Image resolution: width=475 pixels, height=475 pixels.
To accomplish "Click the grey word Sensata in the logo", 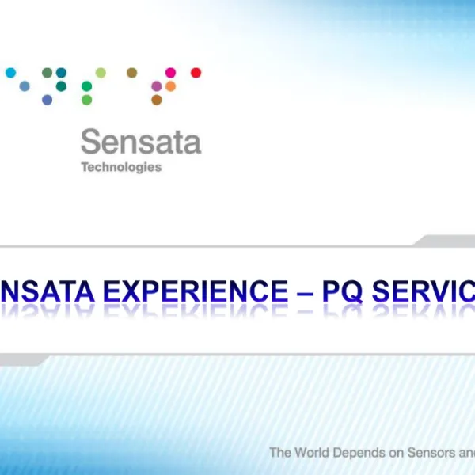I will pos(140,142).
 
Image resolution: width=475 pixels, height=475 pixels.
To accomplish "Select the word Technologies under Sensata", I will pos(121,167).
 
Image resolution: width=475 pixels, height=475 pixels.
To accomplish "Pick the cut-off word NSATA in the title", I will pos(44,291).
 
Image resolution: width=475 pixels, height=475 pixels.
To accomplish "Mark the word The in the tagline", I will pos(280,453).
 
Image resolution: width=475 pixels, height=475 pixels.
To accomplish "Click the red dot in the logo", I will pos(196,73).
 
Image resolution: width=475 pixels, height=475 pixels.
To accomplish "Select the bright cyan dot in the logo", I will pos(10,73).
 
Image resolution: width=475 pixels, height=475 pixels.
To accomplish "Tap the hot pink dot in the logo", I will pos(170,73).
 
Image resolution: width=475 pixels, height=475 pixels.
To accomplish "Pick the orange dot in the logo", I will pos(170,86).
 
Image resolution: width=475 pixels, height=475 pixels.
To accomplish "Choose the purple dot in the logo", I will pos(157,86).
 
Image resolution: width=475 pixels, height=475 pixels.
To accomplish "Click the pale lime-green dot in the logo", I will pos(101,73).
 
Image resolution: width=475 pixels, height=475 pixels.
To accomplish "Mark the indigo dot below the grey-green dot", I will pos(47,100).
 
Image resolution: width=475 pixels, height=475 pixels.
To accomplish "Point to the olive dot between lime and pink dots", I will pos(131,73).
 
